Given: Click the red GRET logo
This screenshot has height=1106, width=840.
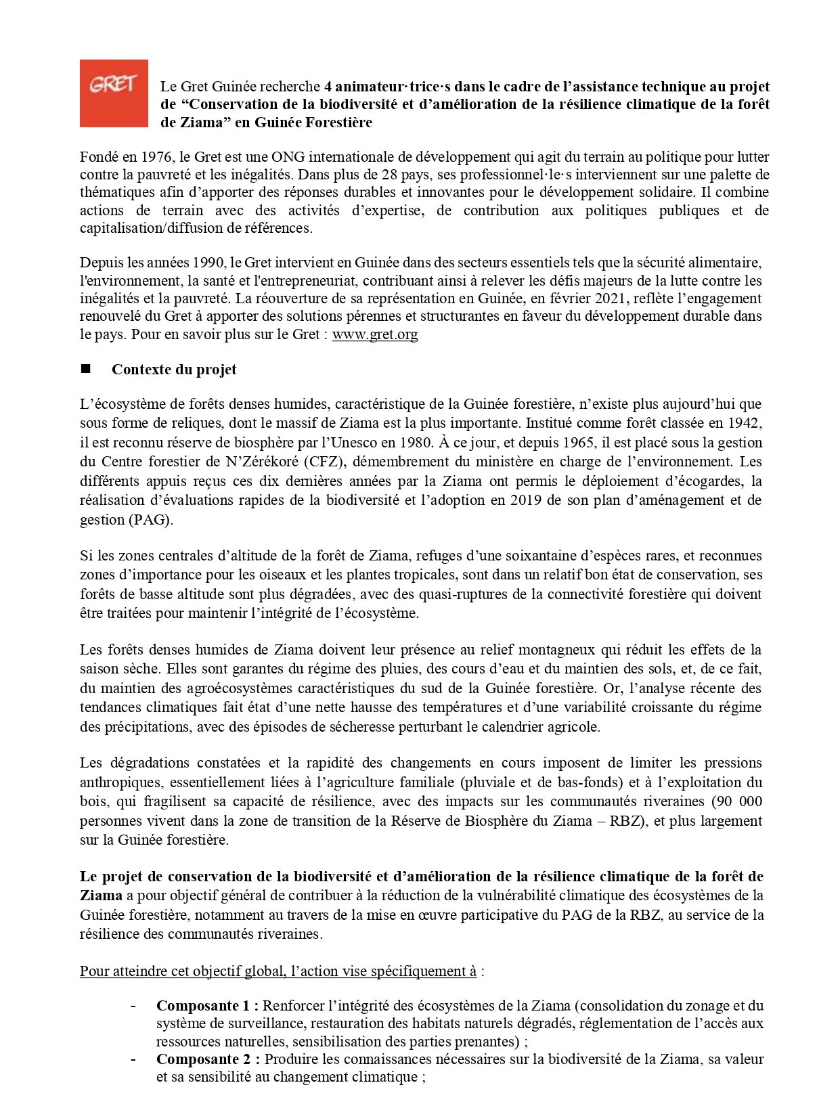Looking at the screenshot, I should coord(113,93).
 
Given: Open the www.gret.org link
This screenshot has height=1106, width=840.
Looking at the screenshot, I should coord(374,334).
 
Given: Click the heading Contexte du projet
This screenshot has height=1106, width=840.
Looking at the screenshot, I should coord(174,370).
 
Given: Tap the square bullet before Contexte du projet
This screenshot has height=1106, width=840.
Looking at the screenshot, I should coord(85,369).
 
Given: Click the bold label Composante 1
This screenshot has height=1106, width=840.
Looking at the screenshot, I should coord(207,1006).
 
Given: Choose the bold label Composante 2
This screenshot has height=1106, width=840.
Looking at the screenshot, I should coord(207,1059).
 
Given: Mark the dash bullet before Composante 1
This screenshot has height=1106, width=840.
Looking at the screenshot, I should coord(134,1006).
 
